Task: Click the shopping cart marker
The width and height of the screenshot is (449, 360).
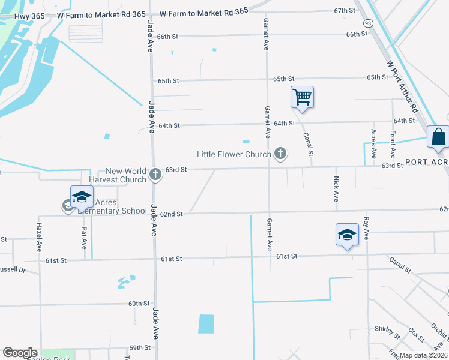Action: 302,97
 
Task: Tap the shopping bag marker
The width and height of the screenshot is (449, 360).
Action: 438,137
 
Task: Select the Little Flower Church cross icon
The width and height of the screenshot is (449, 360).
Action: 279,154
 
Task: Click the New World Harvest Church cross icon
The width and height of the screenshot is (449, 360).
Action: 155,175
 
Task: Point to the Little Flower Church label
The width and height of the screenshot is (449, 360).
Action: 234,154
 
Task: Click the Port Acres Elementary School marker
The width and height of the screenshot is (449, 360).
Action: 82,197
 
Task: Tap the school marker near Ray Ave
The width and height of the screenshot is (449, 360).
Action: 347,234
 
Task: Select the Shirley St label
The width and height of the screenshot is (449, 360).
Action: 387,330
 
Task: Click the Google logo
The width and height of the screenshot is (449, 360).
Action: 20,353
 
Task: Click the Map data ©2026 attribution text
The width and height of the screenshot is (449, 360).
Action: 421,355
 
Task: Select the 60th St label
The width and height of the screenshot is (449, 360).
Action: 138,304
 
